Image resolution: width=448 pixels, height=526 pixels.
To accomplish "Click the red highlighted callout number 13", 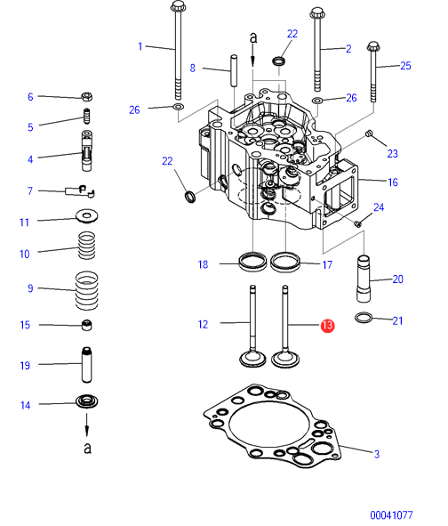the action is pyautogui.click(x=327, y=326).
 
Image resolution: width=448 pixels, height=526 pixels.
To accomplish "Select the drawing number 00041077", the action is pyautogui.click(x=391, y=515).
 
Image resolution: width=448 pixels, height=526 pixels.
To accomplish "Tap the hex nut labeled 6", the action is pyautogui.click(x=87, y=97).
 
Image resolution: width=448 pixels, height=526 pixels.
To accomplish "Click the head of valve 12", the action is pyautogui.click(x=252, y=359).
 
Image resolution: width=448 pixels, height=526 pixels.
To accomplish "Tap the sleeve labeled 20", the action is pyautogui.click(x=364, y=279).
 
